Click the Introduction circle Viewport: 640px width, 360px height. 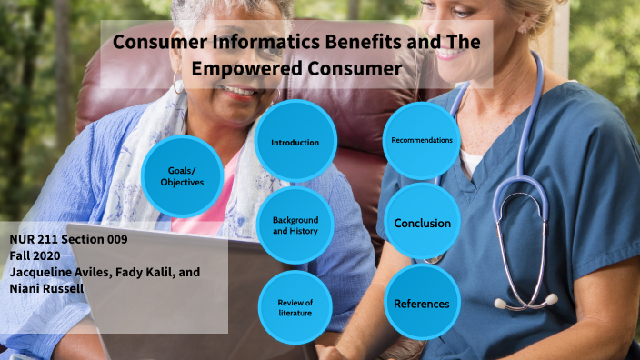click(295, 142)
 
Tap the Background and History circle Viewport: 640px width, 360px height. click(295, 225)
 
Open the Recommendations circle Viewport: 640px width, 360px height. click(422, 140)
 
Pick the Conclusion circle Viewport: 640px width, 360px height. click(422, 223)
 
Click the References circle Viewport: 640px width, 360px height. click(422, 303)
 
